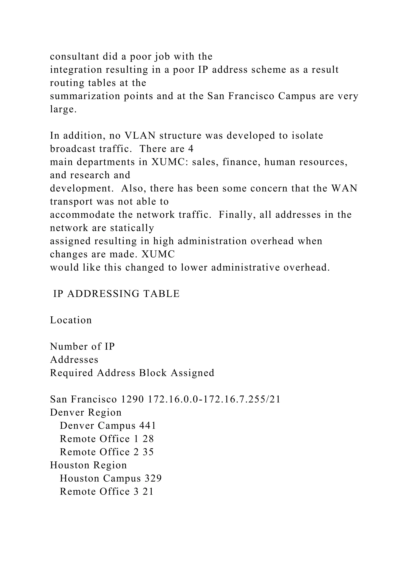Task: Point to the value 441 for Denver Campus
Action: click(147, 426)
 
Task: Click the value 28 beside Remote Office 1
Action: click(148, 439)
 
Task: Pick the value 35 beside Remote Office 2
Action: click(148, 452)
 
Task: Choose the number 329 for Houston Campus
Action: click(153, 479)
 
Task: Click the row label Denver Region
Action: click(86, 413)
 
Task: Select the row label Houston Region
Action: click(88, 465)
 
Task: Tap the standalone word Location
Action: click(71, 320)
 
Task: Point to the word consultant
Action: click(74, 56)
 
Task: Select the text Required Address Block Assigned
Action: click(132, 373)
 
